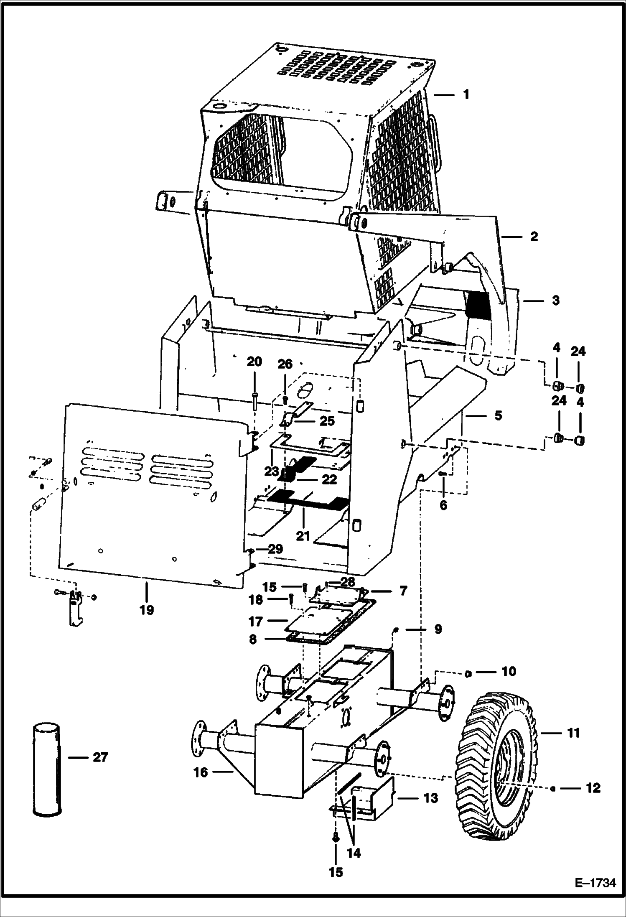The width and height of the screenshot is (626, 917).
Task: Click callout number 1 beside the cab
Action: pyautogui.click(x=466, y=94)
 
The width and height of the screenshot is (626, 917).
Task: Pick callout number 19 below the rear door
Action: pyautogui.click(x=147, y=611)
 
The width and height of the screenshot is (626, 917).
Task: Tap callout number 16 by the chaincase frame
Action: pyautogui.click(x=201, y=772)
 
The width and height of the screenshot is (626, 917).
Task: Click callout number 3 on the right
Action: pyautogui.click(x=555, y=300)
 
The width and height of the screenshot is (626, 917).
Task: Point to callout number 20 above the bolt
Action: pyautogui.click(x=254, y=362)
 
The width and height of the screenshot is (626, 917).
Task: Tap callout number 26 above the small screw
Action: pyautogui.click(x=285, y=364)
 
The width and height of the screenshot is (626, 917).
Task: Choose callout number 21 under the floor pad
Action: pyautogui.click(x=303, y=536)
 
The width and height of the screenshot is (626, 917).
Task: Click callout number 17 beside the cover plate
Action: pyautogui.click(x=255, y=622)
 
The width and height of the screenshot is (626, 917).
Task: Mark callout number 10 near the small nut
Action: pyautogui.click(x=508, y=671)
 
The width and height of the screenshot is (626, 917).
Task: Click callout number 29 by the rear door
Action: pyautogui.click(x=276, y=549)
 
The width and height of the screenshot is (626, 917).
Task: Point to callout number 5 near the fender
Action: pyautogui.click(x=498, y=416)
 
